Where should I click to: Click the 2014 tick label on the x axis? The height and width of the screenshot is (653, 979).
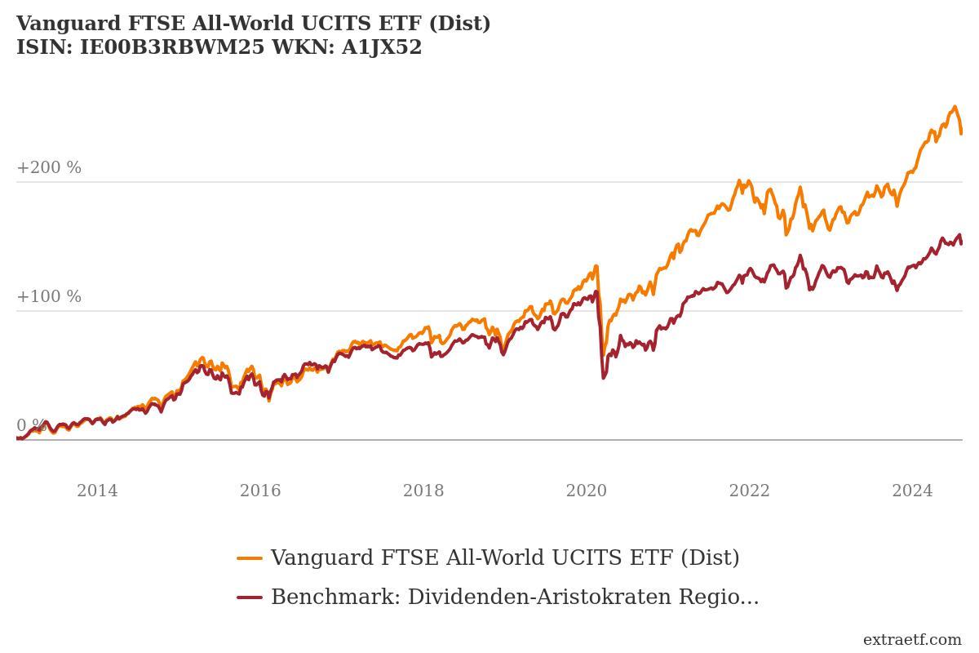click(x=97, y=491)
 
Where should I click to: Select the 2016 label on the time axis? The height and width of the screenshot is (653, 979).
click(x=260, y=491)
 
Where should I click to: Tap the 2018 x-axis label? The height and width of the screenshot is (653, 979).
click(x=423, y=491)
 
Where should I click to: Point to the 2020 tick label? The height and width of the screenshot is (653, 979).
click(x=587, y=491)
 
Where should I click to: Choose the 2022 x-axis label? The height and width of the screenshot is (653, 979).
click(x=750, y=491)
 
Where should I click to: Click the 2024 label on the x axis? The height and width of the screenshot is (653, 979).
click(x=912, y=491)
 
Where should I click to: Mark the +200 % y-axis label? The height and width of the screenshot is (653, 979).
click(x=49, y=167)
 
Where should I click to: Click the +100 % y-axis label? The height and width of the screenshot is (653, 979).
click(x=49, y=296)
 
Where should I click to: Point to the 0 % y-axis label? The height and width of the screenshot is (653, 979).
click(x=31, y=425)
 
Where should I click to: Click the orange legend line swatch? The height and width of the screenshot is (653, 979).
click(x=250, y=558)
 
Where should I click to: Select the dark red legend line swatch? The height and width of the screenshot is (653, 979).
click(x=250, y=597)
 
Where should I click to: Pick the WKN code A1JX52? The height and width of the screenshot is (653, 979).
click(x=381, y=47)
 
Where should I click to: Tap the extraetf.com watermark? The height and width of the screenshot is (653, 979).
click(x=912, y=639)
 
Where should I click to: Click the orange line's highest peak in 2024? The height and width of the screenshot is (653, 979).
click(x=954, y=107)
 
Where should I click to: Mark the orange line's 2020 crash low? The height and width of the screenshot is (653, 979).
click(x=603, y=354)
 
